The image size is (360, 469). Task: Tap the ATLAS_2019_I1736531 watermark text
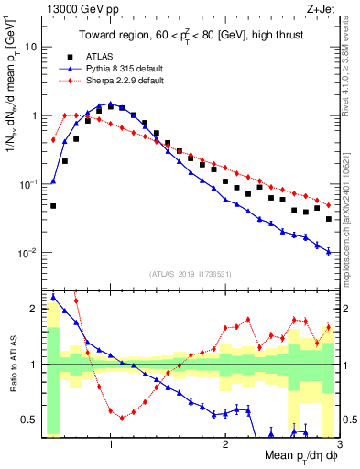coord(190,273)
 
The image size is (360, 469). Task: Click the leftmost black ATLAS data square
coord(53,206)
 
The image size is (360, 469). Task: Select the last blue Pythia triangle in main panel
coord(328,251)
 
